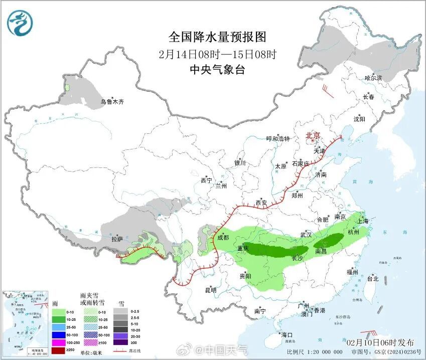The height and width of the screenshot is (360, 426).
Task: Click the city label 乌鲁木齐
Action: tap(112, 102)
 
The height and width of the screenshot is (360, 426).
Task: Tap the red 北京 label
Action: tap(314, 135)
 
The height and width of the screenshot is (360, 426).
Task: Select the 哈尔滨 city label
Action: tap(373, 78)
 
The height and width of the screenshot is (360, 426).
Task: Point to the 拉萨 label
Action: tap(117, 240)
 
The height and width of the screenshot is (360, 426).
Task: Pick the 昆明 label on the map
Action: tap(210, 290)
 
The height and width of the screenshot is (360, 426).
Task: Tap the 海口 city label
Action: tap(287, 335)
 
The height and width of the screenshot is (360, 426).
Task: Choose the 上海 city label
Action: tap(362, 221)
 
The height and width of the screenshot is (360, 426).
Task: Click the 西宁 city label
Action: tap(206, 181)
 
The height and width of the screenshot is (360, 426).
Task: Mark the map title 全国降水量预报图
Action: tap(217, 37)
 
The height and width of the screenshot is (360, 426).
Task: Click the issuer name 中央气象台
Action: tap(217, 70)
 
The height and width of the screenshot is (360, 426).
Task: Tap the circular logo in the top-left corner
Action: tap(20, 23)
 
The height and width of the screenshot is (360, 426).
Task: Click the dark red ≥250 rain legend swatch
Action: tap(59, 349)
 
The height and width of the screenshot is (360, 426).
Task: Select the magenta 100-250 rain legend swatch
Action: tap(59, 341)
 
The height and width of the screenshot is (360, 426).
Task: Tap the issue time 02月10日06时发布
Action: tap(381, 342)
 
